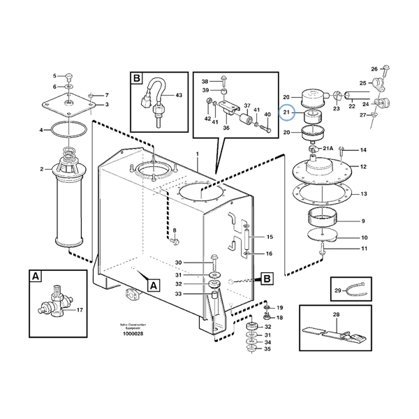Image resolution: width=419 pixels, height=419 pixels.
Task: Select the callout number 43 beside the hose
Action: [x=179, y=95]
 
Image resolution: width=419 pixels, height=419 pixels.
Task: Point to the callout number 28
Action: [x=337, y=315]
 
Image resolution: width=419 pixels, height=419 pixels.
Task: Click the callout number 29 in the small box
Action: [x=337, y=290]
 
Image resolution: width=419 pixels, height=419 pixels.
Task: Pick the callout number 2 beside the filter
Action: [x=42, y=169]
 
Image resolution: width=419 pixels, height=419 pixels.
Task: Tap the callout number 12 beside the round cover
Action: [x=363, y=166]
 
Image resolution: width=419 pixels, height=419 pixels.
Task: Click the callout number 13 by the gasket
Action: [x=363, y=193]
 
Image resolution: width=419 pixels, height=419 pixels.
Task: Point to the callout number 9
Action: [x=363, y=221]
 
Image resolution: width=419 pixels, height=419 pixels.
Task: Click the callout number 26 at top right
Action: [x=374, y=68]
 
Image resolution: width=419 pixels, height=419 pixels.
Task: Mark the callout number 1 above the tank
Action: [x=198, y=154]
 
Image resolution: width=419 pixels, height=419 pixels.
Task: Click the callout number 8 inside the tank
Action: [x=175, y=230]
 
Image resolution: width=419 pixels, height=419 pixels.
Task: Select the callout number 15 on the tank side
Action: [x=270, y=237]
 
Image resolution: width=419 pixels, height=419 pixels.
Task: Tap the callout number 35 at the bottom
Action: [x=267, y=349]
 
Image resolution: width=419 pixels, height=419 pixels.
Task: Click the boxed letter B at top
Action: [x=137, y=79]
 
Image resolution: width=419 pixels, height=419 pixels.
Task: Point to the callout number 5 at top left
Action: [x=56, y=75]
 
